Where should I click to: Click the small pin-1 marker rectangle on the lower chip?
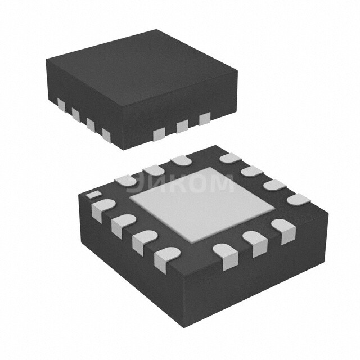(x=91, y=194)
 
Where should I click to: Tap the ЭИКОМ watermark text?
(x=184, y=183)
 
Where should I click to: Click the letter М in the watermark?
(x=221, y=183)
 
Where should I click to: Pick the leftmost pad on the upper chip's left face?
(x=60, y=105)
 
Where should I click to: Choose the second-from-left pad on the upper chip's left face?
(x=75, y=114)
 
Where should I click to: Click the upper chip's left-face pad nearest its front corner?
(x=106, y=134)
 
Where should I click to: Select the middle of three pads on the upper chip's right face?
(x=182, y=126)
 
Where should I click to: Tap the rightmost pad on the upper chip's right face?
(x=204, y=118)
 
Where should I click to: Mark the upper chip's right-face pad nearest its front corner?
(x=160, y=133)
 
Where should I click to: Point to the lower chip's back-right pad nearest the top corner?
(x=229, y=159)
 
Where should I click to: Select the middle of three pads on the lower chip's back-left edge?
(x=152, y=169)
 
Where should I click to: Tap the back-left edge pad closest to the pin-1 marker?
(x=124, y=180)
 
